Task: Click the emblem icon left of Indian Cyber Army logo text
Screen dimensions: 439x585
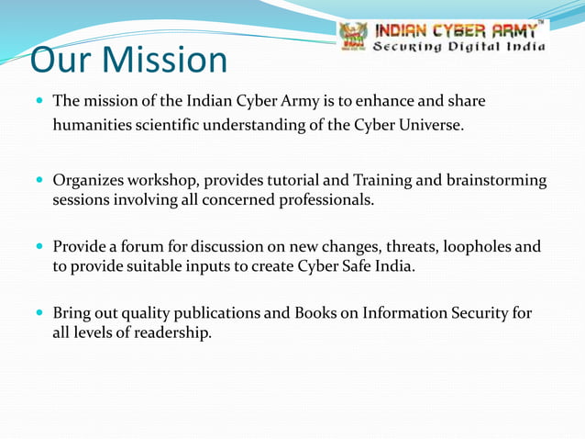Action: click(353, 35)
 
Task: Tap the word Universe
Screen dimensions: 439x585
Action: click(430, 124)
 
